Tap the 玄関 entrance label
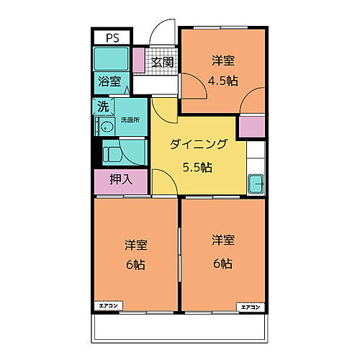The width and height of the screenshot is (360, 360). click(x=163, y=63)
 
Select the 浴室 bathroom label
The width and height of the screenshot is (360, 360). click(x=110, y=81)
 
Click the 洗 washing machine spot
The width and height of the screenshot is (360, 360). click(x=103, y=107)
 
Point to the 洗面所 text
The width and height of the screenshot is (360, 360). click(x=130, y=119)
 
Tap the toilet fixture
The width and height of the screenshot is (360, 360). click(x=113, y=153)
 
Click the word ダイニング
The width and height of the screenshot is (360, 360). click(x=198, y=145)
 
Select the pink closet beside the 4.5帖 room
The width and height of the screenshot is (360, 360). click(x=253, y=126)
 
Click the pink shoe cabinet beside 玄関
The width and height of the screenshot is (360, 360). click(x=138, y=62)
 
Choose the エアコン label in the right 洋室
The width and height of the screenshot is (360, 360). click(x=251, y=307)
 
